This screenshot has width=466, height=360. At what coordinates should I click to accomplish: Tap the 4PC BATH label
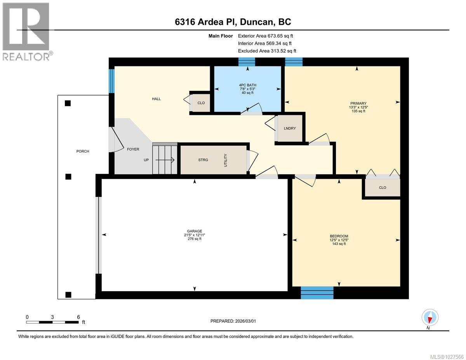(247, 85)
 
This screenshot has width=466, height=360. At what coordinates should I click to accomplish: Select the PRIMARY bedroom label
(358, 103)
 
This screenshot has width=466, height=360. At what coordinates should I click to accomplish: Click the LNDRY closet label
(290, 129)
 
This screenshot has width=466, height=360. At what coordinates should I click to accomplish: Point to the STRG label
(203, 160)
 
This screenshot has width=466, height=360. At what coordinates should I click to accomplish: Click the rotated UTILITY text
(225, 160)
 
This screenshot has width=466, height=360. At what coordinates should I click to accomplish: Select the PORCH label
(83, 151)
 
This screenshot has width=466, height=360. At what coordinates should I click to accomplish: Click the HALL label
(156, 99)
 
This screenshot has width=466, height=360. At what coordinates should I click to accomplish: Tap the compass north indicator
(430, 318)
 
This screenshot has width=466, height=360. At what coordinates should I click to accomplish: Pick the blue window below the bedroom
(317, 292)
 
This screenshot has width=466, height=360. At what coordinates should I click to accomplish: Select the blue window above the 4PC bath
(247, 62)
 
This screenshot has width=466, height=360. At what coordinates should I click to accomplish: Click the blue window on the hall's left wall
(111, 81)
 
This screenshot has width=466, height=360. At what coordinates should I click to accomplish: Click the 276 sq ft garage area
(194, 239)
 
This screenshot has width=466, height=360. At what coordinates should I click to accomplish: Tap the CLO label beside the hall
(201, 103)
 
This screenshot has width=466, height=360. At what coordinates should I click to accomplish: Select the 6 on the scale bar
(78, 317)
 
